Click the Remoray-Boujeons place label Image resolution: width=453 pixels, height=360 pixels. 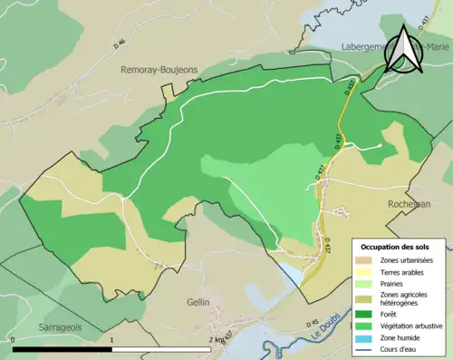(x=159, y=69)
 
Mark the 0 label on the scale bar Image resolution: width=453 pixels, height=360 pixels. (x=13, y=340)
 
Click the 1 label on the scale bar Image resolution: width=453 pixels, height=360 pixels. (x=111, y=340)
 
